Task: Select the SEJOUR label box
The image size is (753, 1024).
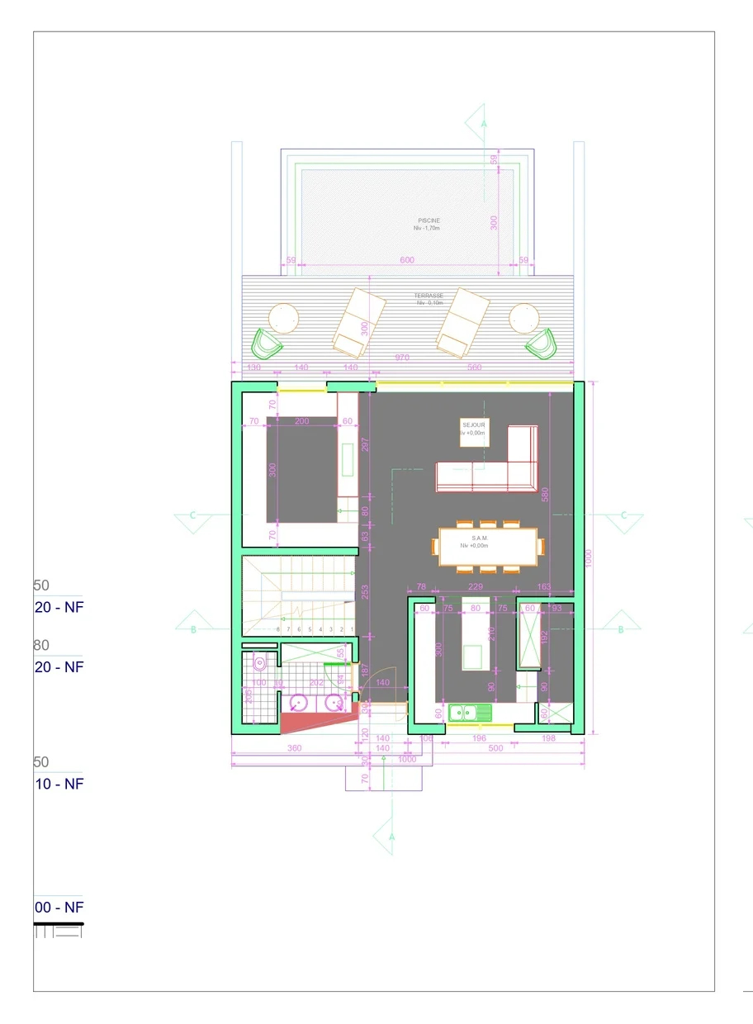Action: coord(474,431)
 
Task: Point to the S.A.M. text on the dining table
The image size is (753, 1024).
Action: coord(480,538)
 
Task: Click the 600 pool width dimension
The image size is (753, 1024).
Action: coord(407,260)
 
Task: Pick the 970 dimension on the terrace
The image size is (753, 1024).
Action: coord(402,358)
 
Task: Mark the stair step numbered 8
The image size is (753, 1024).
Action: coord(278,630)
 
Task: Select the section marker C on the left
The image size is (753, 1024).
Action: coord(192,516)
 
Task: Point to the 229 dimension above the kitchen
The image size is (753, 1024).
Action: coord(475,587)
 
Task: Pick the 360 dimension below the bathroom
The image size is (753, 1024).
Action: coord(294,748)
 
